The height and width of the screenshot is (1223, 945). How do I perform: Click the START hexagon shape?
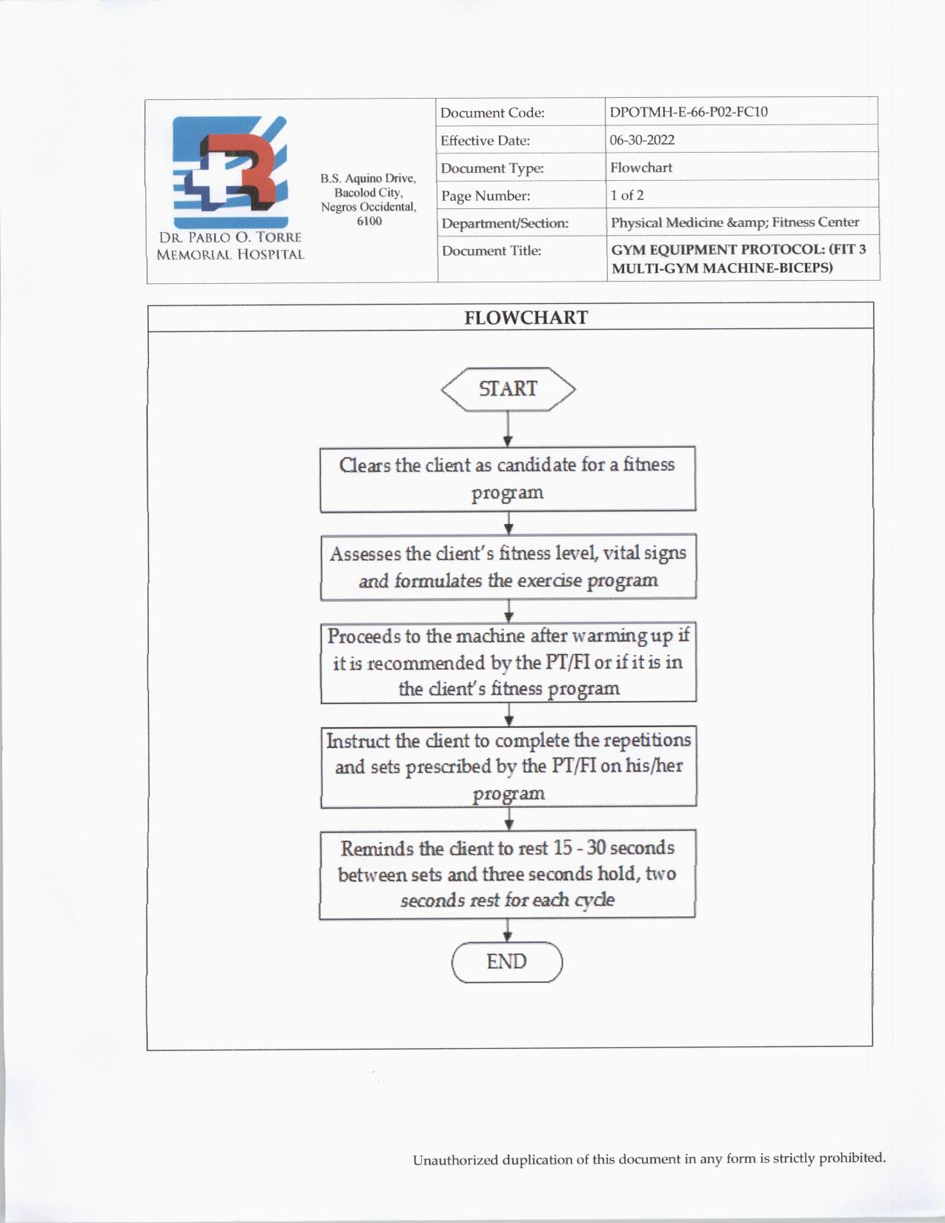[x=508, y=389]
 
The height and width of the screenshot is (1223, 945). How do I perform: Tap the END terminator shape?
[x=507, y=962]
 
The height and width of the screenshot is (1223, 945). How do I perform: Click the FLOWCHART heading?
[x=525, y=318]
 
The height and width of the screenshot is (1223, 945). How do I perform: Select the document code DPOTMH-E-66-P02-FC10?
[x=689, y=112]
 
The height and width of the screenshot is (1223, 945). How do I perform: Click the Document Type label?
[x=492, y=168]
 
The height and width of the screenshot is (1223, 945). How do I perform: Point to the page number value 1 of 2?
[x=627, y=195]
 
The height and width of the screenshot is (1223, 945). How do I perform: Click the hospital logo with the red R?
[x=230, y=171]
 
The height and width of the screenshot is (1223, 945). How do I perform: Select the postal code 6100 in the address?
[x=369, y=221]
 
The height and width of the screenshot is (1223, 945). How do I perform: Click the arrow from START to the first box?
[x=508, y=429]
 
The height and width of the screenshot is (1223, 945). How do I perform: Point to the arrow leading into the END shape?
[x=508, y=930]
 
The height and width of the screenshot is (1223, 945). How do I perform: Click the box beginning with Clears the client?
[x=508, y=479]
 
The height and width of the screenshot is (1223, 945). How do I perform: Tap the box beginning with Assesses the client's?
[x=508, y=567]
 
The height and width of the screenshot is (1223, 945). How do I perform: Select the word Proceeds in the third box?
[x=363, y=636]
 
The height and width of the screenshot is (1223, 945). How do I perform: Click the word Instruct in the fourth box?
[x=357, y=740]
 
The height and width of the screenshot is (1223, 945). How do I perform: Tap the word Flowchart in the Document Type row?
[x=641, y=168]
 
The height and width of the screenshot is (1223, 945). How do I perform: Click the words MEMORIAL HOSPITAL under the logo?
[x=230, y=254]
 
